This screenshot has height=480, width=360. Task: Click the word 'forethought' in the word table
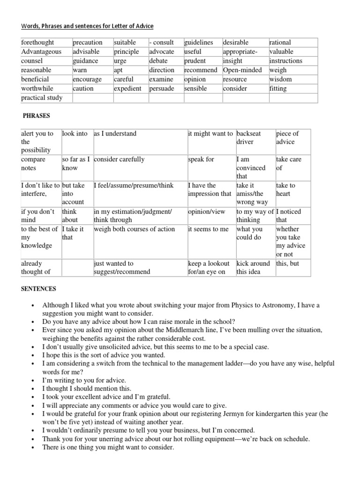(37, 43)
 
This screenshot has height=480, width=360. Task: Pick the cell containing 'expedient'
(127, 88)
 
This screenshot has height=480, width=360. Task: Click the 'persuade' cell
(161, 88)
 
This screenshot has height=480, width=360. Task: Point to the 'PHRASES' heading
(37, 115)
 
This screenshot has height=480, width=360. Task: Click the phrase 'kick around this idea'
(253, 268)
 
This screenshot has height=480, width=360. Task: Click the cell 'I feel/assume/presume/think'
(134, 186)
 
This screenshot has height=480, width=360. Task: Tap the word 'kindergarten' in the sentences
(300, 414)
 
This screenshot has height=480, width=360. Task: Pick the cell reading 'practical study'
(42, 98)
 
